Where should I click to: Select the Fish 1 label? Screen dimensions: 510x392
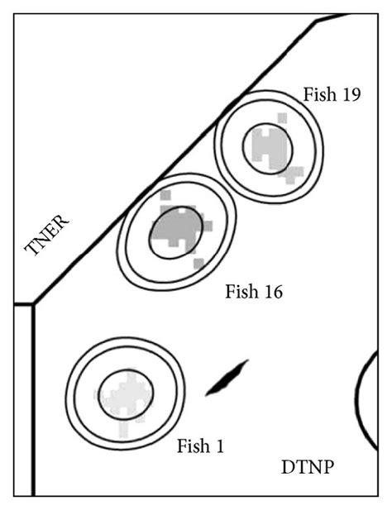tap(200, 446)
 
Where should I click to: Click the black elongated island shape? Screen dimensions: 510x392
tap(227, 378)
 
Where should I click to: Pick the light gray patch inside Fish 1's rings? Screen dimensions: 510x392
tap(125, 396)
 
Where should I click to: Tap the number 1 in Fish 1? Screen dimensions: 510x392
tap(219, 446)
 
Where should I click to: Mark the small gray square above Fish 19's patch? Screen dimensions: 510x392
tap(283, 118)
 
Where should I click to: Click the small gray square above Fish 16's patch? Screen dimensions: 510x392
tap(165, 195)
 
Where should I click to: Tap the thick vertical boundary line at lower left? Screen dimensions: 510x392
tap(33, 397)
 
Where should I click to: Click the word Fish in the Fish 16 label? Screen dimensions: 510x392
tap(241, 292)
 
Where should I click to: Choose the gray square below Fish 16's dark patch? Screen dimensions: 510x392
tap(198, 263)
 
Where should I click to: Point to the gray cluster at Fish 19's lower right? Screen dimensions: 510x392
tap(293, 174)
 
